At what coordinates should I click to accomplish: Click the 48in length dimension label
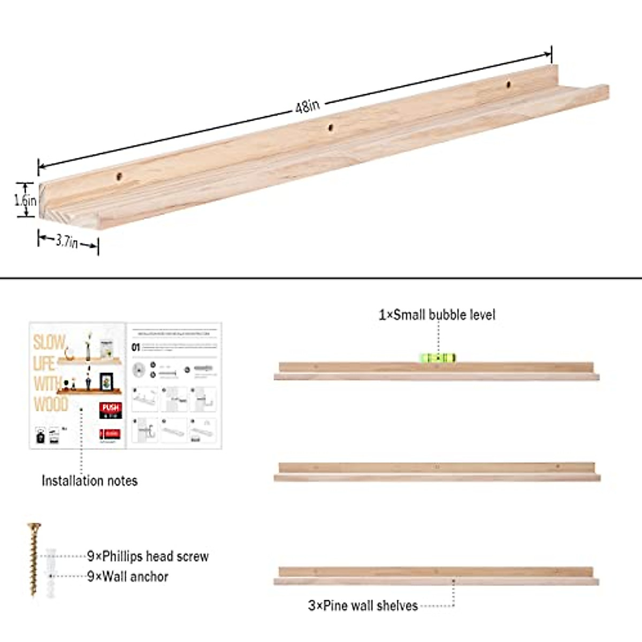coord(307,106)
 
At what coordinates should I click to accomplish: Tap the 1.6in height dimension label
coord(25,201)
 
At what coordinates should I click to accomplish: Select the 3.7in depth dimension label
coord(67,242)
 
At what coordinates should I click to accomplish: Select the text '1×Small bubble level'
coord(437,315)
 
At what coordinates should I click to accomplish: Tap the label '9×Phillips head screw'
coord(148,556)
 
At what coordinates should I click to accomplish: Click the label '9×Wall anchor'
coord(128,577)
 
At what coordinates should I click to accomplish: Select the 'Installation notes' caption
coord(89,480)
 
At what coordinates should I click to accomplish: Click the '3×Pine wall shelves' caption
coord(363,606)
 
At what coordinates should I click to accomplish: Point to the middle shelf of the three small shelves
coord(437,471)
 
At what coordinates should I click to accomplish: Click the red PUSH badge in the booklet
coord(111,409)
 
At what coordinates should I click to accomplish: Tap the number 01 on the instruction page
coord(136,347)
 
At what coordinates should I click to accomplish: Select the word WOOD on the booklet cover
coord(51,404)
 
